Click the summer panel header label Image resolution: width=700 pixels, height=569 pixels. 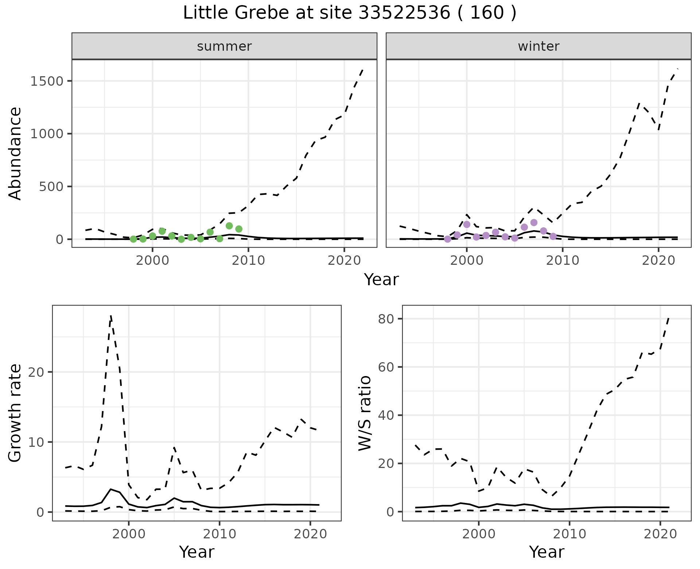coord(224,46)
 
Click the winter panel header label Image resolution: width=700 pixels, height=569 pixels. coord(538,46)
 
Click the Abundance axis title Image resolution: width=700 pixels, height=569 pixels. coord(15,153)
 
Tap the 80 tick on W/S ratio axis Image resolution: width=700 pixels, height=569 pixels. coord(387,319)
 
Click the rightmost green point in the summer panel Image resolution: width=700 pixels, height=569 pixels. coord(239,229)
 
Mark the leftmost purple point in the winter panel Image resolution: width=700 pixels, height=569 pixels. coord(448,239)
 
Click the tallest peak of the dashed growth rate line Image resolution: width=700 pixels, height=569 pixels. coord(111,316)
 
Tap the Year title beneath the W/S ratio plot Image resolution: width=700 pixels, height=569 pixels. coord(547,552)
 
